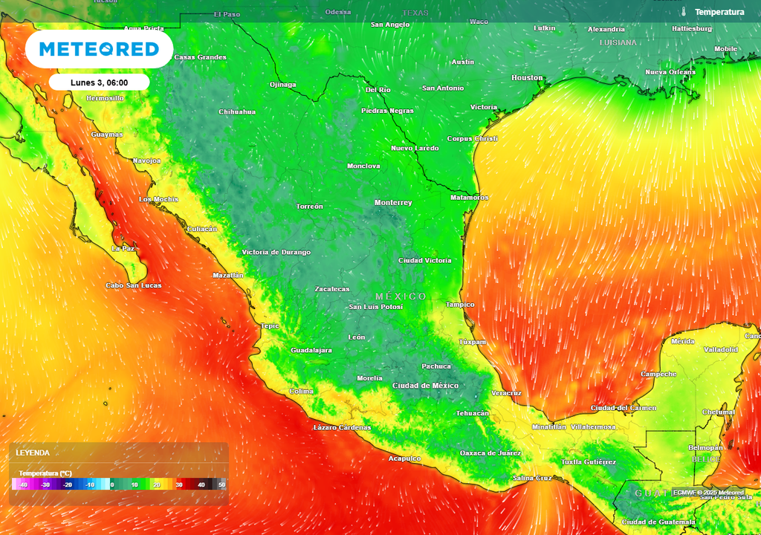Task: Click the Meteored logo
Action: point(99,49)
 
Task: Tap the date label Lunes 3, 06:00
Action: point(99,82)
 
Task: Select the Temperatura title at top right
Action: point(719,12)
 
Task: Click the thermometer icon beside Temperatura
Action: point(682,12)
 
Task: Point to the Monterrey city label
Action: point(393,203)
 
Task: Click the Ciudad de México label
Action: point(425,386)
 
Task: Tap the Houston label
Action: point(527,78)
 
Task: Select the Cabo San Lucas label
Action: point(133,285)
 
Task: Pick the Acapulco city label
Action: point(405,458)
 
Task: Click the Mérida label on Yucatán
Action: point(683,341)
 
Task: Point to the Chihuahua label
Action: point(237,112)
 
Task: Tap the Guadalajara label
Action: point(311,350)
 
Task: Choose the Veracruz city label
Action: point(507,393)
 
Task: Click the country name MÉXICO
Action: point(401,296)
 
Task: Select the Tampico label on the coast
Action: point(460,305)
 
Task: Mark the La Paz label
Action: point(123,248)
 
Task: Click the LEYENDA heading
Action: point(33,453)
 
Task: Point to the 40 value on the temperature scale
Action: point(201,485)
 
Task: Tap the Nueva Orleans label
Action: point(670,72)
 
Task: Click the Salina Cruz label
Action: point(532,478)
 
